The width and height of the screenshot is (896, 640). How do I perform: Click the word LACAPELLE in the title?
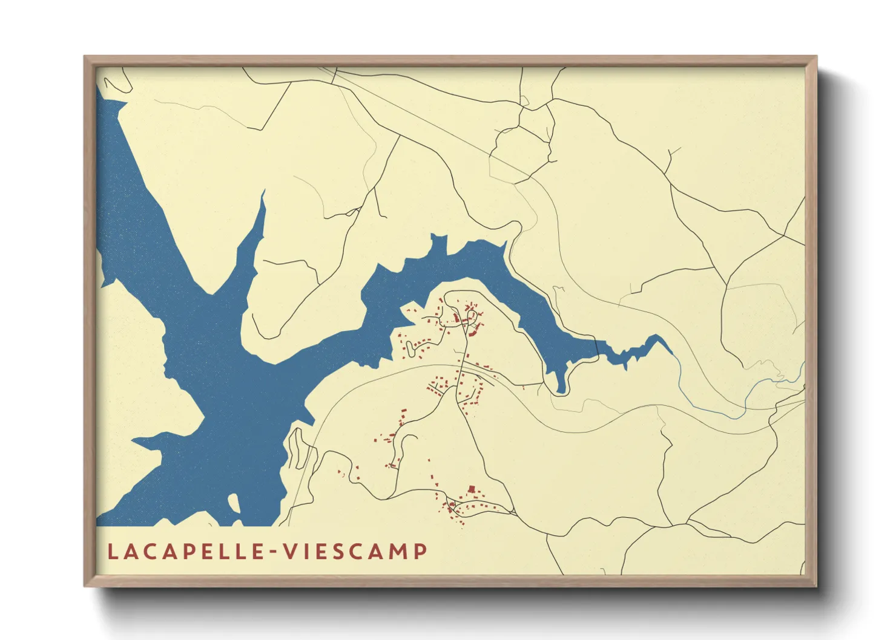(184, 552)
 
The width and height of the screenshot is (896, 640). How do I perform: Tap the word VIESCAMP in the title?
(356, 552)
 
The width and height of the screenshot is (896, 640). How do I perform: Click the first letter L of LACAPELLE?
(113, 552)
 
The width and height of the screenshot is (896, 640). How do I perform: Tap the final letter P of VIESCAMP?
(420, 552)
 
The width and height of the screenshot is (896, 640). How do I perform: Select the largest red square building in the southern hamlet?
(472, 489)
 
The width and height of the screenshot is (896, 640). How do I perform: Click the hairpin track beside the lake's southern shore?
(297, 448)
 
